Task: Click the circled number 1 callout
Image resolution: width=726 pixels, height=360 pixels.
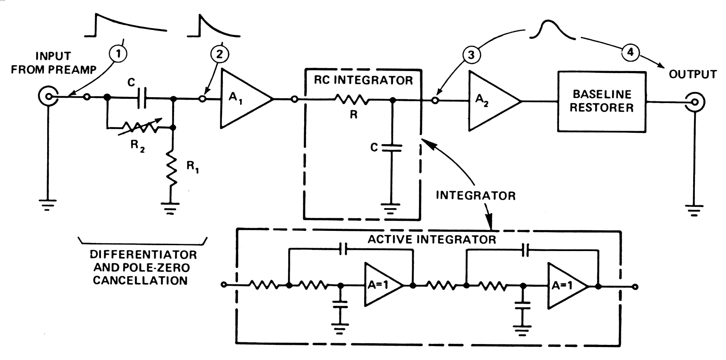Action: tap(118, 54)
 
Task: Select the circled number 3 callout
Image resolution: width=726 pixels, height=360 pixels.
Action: tap(471, 55)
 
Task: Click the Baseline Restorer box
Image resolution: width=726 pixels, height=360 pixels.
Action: tap(601, 102)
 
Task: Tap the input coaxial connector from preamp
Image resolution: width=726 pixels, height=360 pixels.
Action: tap(48, 97)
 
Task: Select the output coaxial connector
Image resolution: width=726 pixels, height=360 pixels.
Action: tap(694, 102)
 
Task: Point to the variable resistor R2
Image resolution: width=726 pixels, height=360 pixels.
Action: tap(140, 127)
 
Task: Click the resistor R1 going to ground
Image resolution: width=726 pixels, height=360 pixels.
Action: tap(172, 168)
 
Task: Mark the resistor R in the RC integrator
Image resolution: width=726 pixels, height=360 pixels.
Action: tap(352, 100)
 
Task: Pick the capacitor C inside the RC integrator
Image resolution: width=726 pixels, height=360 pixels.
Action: tap(391, 148)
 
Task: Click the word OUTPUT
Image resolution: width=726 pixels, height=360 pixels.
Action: tap(692, 75)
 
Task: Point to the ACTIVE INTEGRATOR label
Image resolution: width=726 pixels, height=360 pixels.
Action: tap(432, 239)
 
